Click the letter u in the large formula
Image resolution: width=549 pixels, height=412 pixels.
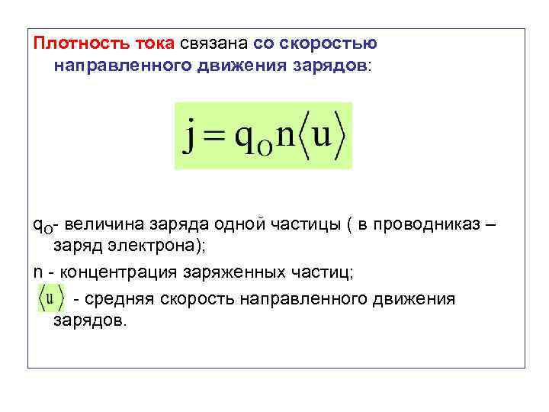[x=323, y=136]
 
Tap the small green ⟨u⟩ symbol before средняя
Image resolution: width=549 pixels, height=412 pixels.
[x=51, y=298]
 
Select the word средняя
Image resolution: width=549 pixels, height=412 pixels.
[x=119, y=298]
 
